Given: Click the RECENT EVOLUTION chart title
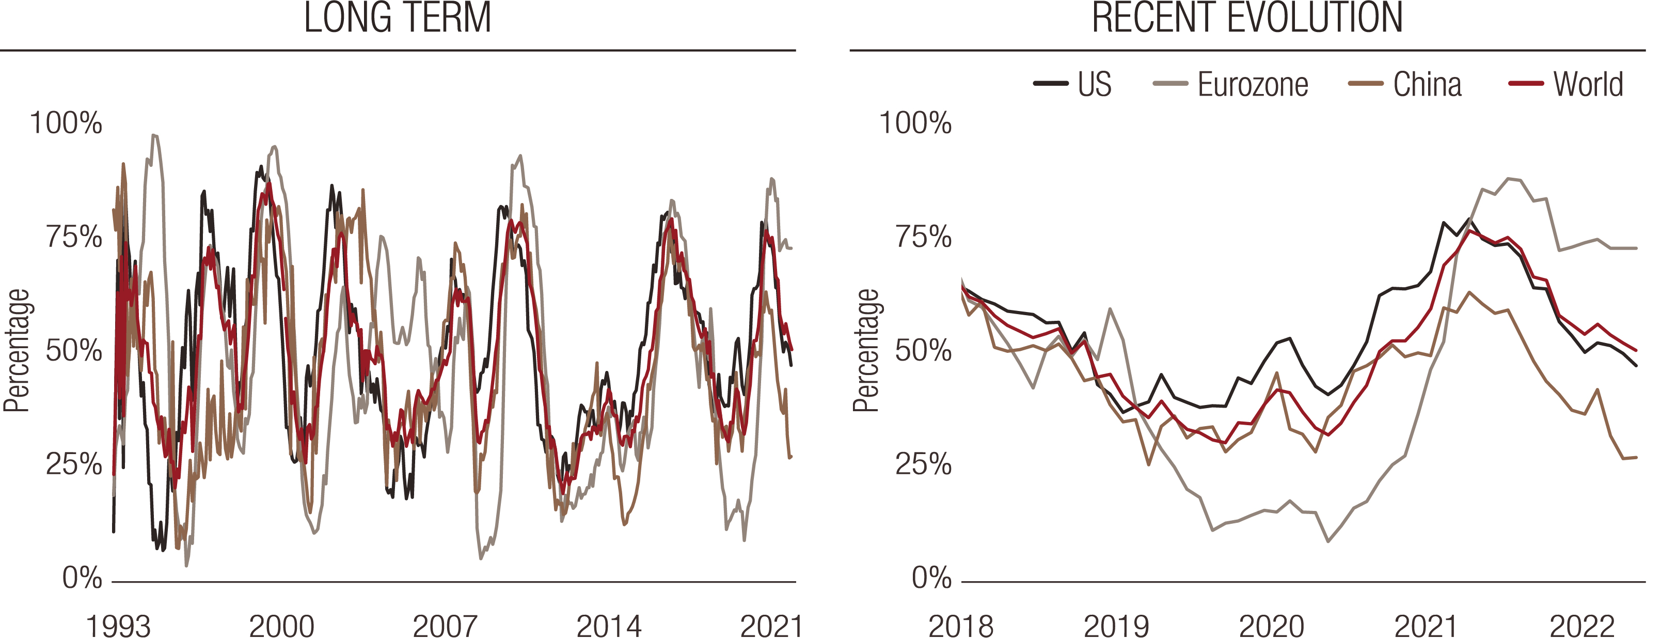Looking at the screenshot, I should point(1247,18).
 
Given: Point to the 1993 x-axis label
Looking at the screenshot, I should point(118,626).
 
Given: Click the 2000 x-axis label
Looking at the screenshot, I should point(282,626).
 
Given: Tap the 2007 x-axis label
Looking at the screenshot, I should point(445,626).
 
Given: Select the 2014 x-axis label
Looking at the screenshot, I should point(609,626).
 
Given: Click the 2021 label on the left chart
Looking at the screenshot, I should point(772,626).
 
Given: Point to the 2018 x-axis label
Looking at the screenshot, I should point(961,626).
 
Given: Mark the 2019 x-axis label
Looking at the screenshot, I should point(1116,626).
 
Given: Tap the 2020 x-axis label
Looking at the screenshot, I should point(1272,626).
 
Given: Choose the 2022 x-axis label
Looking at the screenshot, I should point(1581,626).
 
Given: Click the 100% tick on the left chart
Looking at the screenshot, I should point(66,122).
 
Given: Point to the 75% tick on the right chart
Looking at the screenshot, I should point(923,237).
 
